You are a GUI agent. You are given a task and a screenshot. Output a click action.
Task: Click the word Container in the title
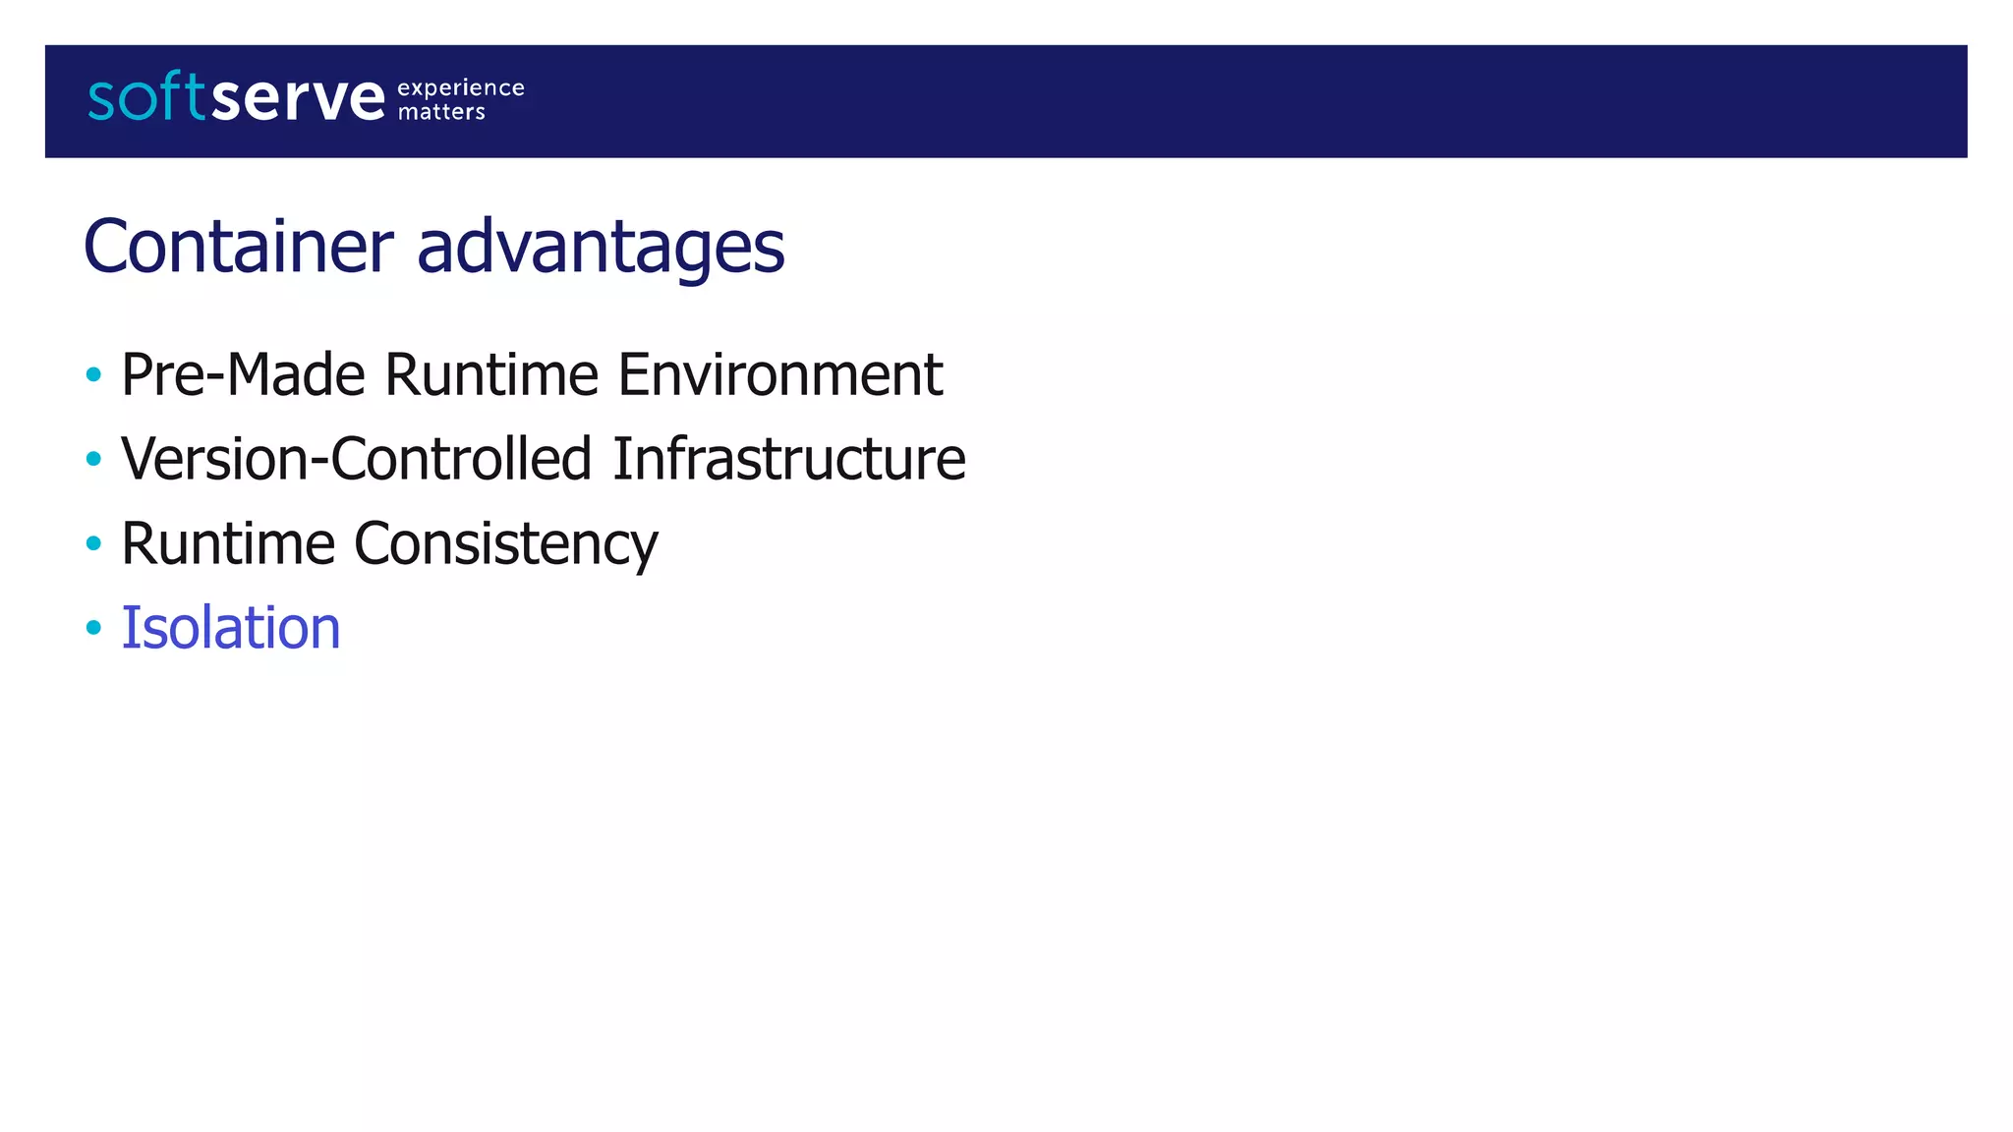click(239, 246)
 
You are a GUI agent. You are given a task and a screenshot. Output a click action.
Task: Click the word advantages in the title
click(601, 248)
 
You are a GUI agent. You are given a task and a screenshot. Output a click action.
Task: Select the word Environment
click(780, 374)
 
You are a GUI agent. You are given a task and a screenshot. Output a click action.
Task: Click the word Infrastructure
click(789, 459)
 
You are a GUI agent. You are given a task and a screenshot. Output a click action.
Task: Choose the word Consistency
click(505, 544)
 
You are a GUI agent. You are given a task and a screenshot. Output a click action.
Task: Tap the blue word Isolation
click(231, 628)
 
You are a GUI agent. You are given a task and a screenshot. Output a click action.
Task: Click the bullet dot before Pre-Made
click(93, 374)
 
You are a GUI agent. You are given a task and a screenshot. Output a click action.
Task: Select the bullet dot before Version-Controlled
click(93, 459)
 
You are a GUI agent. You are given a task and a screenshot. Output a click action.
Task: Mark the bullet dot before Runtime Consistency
click(93, 543)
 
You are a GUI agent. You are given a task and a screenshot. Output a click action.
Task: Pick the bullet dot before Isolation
click(93, 628)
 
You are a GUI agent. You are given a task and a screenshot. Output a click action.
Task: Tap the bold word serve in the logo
click(298, 98)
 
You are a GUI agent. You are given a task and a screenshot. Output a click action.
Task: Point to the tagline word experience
click(460, 88)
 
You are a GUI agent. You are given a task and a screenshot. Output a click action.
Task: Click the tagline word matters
click(441, 112)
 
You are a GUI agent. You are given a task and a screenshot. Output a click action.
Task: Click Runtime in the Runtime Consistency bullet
click(228, 543)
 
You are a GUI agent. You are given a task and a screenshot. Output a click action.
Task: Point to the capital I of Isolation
click(128, 628)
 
